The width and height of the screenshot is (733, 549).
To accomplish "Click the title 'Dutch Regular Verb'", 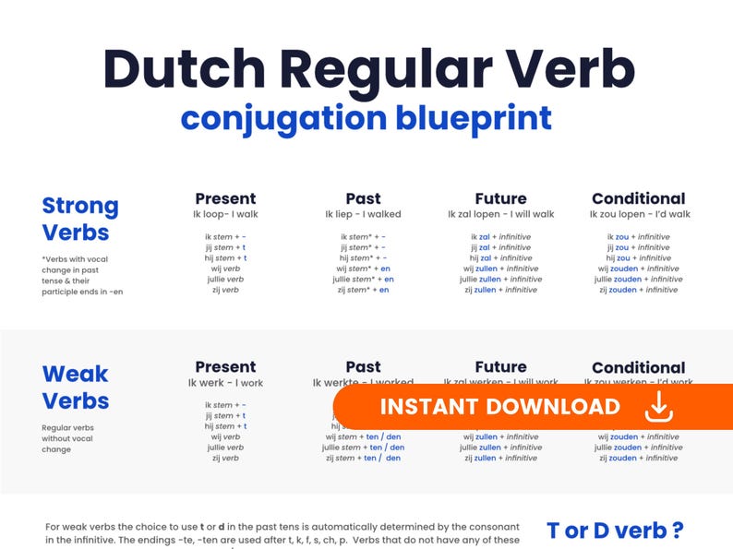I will [369, 70].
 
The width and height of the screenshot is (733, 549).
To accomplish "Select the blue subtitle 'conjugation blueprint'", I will [366, 119].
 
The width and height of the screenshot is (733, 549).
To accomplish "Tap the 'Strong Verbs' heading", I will [80, 219].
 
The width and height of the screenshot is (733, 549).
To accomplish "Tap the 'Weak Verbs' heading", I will [76, 388].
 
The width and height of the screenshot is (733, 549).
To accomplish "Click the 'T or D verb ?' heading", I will [615, 531].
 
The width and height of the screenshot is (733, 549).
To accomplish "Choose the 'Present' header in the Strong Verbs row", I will [225, 198].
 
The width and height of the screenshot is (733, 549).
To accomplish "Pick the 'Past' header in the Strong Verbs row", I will [363, 198].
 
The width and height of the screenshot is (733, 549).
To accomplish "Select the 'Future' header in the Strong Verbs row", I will [500, 198].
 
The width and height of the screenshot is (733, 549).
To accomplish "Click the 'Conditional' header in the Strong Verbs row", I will [638, 198].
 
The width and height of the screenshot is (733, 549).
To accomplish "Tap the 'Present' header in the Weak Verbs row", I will [225, 367].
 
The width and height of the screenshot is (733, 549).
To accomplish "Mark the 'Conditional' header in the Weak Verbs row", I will [638, 367].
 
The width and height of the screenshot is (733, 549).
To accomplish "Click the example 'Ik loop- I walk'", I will [225, 215].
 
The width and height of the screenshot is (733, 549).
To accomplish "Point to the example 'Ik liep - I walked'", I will [363, 215].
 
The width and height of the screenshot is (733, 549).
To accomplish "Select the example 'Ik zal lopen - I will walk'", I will [500, 215].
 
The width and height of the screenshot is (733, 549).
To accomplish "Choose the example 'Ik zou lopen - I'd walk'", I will [638, 215].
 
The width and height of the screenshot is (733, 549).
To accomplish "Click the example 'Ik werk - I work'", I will [225, 383].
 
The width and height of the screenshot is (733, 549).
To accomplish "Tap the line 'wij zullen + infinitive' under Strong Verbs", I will [500, 269].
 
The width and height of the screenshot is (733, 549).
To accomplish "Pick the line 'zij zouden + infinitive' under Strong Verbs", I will [638, 290].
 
